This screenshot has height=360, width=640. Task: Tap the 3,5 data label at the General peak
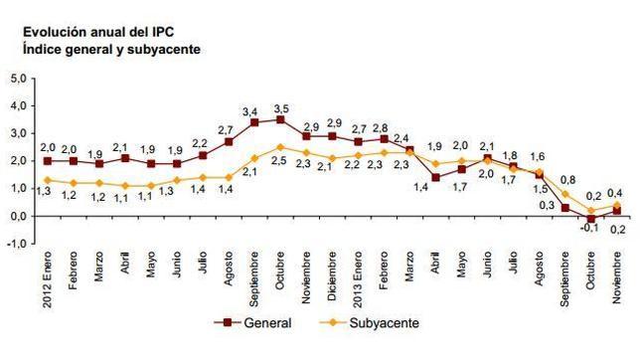point(281,106)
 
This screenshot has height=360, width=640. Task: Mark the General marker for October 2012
point(281,119)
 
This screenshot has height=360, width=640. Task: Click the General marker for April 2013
point(435,177)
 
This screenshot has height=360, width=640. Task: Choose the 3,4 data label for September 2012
point(252,110)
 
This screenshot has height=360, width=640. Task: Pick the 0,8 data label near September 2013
point(569,180)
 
